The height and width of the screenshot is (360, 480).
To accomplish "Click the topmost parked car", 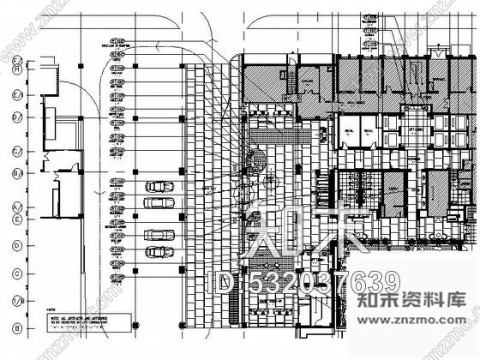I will pos(158,186).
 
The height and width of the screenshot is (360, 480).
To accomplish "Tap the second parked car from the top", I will pos(158,202).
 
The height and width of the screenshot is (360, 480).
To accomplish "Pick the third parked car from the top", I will pos(158,234).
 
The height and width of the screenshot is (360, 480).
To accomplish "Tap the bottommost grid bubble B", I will pos(16,329).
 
